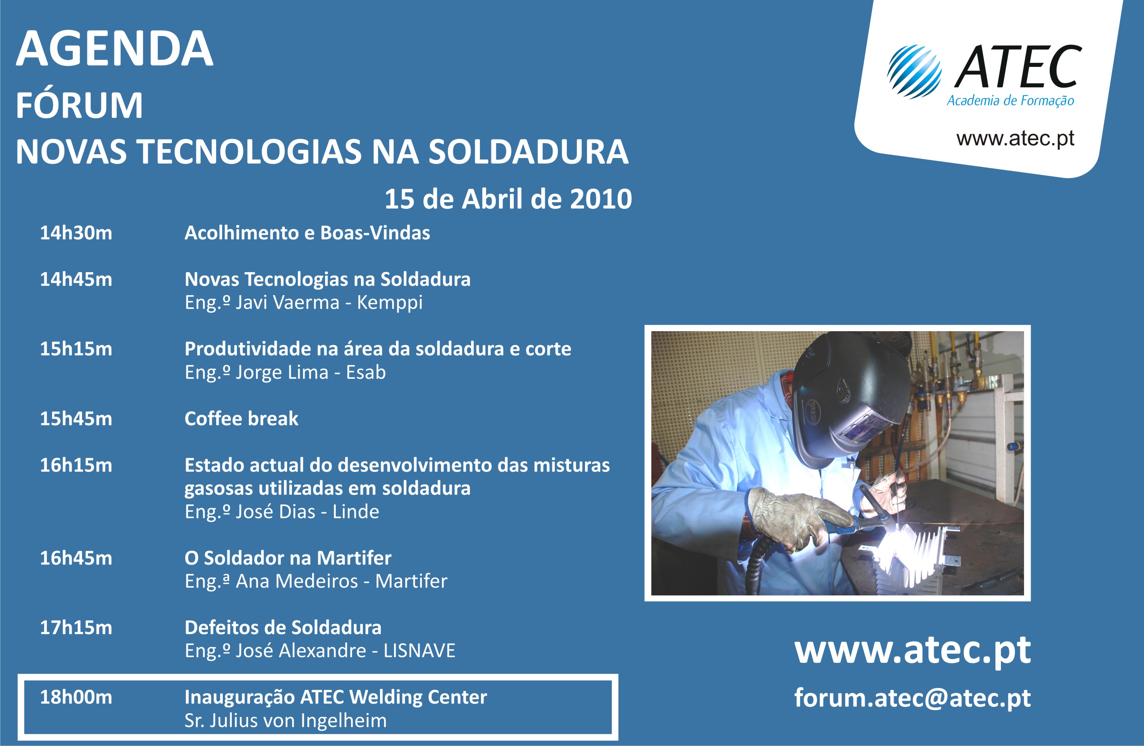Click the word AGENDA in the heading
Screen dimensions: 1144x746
(114, 49)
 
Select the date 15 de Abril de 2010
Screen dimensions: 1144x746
(508, 198)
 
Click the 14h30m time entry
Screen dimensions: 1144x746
(76, 233)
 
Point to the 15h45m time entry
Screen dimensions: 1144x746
(76, 419)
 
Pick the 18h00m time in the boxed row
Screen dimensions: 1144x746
(76, 697)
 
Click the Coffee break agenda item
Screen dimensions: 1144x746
(241, 419)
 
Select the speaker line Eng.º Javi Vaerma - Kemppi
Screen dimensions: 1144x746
(304, 303)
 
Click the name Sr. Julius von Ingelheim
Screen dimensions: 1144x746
(286, 720)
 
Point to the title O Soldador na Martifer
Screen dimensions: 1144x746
(288, 558)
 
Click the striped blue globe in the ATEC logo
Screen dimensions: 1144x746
(914, 72)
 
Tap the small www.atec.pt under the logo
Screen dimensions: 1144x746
(1015, 139)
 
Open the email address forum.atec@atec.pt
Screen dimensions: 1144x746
(912, 698)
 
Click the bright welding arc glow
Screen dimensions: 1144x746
(901, 548)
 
